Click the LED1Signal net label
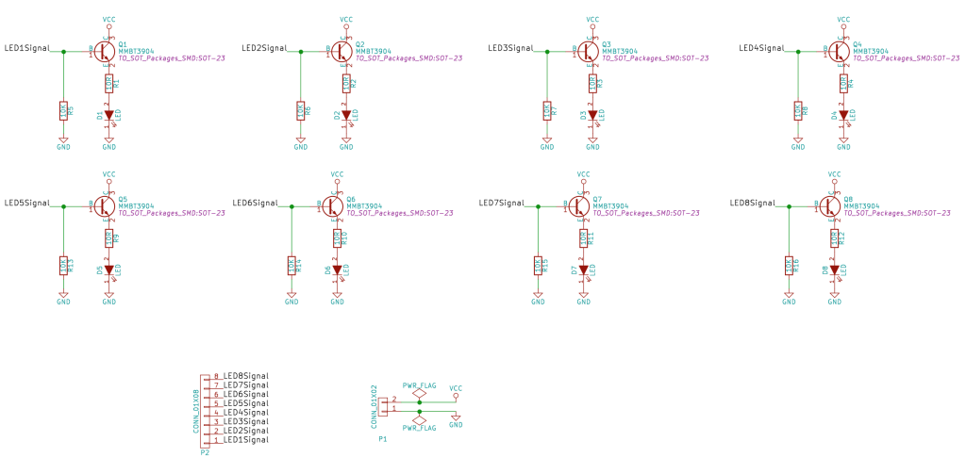click(27, 48)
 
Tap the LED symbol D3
click(592, 115)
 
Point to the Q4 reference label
click(857, 43)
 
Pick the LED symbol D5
click(108, 270)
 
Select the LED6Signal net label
click(255, 203)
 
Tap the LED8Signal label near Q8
click(754, 203)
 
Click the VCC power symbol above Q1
click(108, 21)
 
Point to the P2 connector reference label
click(205, 452)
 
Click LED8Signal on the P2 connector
click(245, 376)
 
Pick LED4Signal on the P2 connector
click(245, 413)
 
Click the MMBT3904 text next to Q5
click(137, 206)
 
